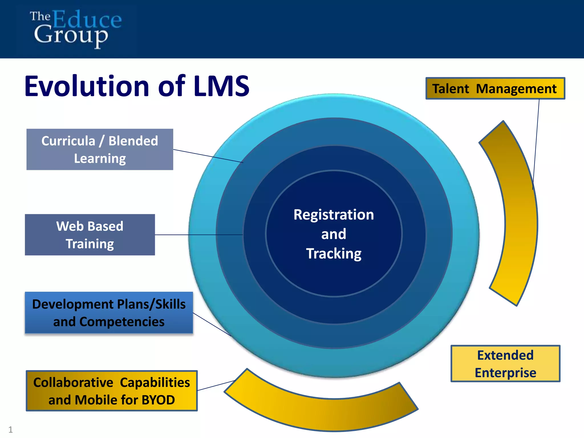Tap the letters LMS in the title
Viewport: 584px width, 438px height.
221,86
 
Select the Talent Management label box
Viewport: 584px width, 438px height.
495,89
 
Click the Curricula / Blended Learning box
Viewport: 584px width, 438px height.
100,149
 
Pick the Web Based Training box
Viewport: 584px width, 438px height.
90,235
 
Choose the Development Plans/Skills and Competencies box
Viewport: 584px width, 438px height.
109,313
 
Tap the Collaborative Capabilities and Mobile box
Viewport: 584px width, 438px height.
111,391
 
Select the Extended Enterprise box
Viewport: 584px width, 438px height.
505,364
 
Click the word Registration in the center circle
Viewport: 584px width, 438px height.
334,215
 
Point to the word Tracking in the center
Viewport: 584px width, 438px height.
334,254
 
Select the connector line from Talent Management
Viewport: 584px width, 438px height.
536,143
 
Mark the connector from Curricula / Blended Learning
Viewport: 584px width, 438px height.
208,156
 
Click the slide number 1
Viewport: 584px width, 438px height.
11,429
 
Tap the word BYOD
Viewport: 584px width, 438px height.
158,400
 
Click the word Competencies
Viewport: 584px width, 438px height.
122,322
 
